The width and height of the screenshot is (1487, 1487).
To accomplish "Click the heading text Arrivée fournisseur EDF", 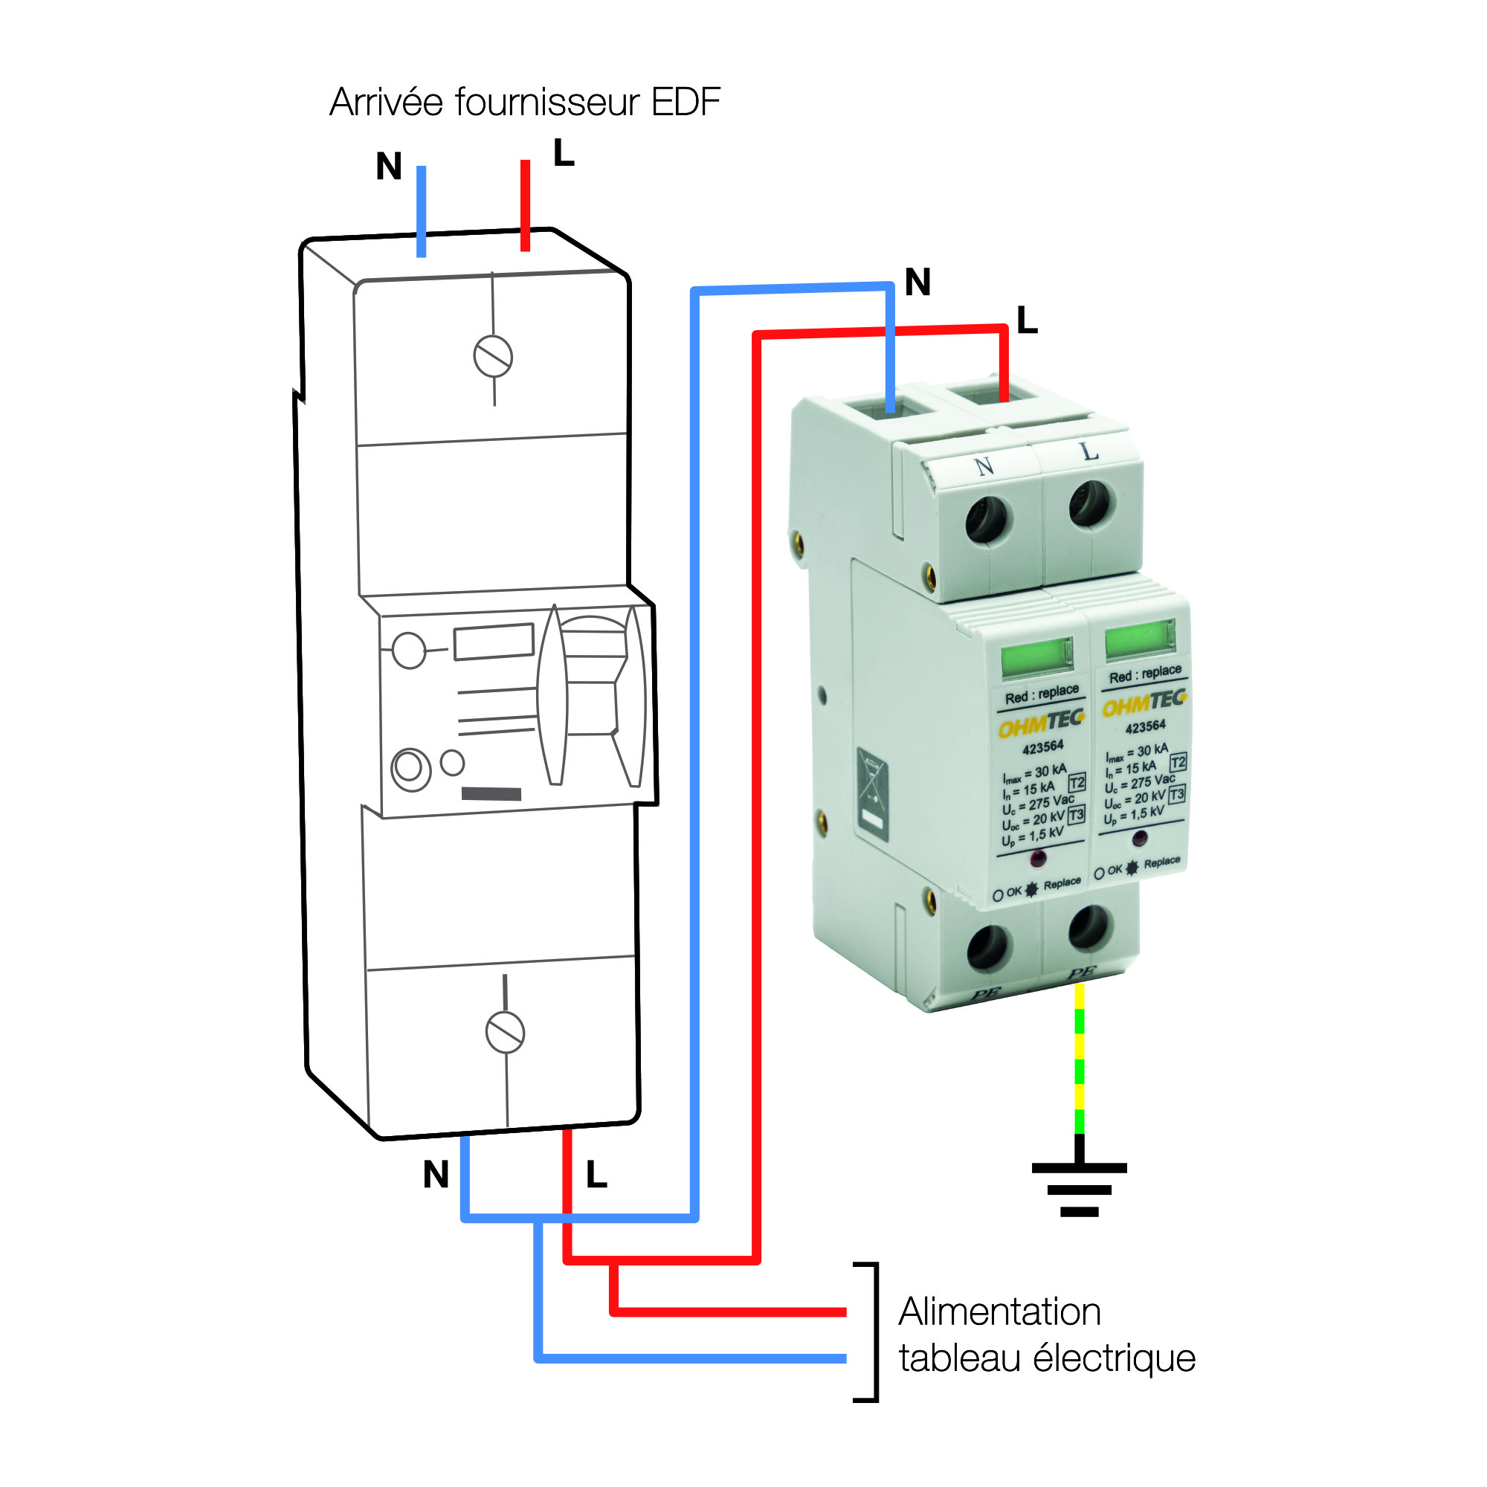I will pos(525,103).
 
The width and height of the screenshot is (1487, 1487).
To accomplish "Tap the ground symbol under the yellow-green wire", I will pos(1079,1188).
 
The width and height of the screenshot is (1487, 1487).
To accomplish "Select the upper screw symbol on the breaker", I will pos(493,357).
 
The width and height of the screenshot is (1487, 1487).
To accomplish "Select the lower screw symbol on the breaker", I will pos(505,1032).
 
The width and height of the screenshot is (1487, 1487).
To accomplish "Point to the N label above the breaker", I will pos(389,167).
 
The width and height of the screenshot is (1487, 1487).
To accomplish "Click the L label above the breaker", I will pos(564,153).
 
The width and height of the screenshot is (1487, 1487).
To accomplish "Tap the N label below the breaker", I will pos(436,1175).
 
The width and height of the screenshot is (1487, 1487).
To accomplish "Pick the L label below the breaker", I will pos(596,1175).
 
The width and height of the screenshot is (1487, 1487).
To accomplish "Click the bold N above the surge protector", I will pos(917,282).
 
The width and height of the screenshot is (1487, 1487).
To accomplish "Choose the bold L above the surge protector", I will pos(1027,320).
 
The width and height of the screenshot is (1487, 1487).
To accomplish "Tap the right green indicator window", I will pos(1140,638).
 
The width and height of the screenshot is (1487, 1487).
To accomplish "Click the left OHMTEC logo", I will pos(1041,723).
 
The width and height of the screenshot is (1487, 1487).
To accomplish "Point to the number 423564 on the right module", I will pos(1145,726).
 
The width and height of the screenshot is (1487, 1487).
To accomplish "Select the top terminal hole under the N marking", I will pos(986,520).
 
